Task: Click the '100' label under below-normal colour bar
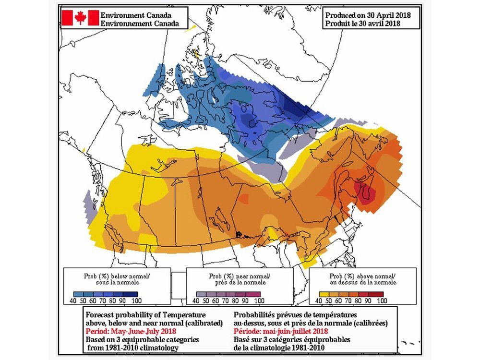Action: coord(136,301)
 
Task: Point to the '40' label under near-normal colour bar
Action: coord(195,301)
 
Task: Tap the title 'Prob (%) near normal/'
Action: coord(239,276)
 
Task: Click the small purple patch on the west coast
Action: coord(88,202)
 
